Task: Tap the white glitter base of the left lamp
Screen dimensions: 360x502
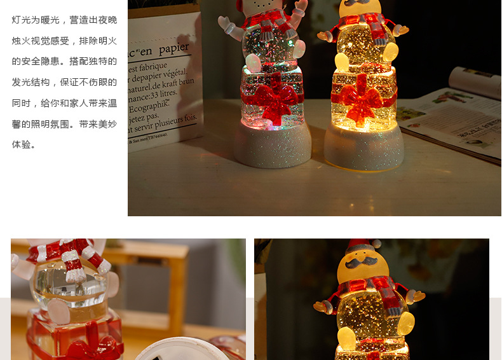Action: click(x=272, y=148)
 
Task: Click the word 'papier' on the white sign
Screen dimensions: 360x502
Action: click(x=173, y=49)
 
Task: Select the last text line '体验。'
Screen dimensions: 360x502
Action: click(x=25, y=144)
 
